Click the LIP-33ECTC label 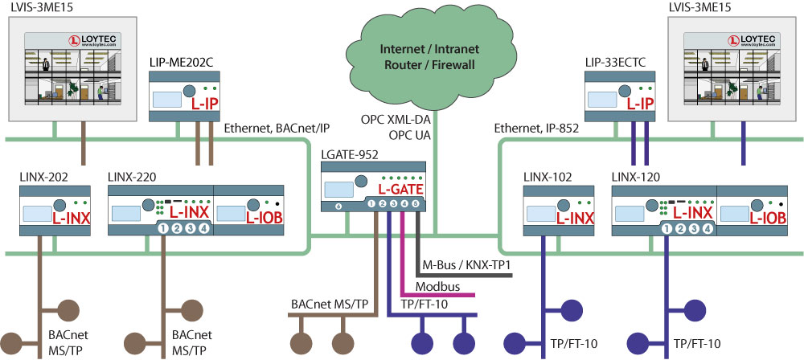click(618, 61)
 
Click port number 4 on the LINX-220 click(204, 229)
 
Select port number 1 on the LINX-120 click(665, 229)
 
